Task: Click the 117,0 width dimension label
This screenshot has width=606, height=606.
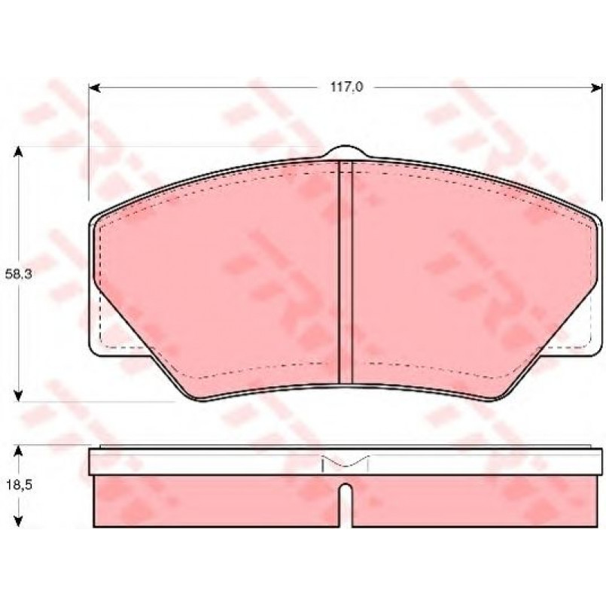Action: (346, 87)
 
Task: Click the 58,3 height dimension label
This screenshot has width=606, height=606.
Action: (18, 275)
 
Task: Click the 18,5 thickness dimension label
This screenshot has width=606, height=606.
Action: (18, 485)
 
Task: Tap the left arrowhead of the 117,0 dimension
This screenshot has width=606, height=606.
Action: (95, 88)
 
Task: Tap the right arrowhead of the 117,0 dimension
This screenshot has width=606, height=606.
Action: (596, 88)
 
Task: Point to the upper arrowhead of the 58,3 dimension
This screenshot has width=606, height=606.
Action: (18, 152)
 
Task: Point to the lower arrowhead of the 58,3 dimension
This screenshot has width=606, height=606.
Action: (18, 396)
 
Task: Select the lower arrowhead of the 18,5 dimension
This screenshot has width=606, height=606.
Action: (18, 521)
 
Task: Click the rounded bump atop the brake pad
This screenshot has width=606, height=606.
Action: (345, 151)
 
